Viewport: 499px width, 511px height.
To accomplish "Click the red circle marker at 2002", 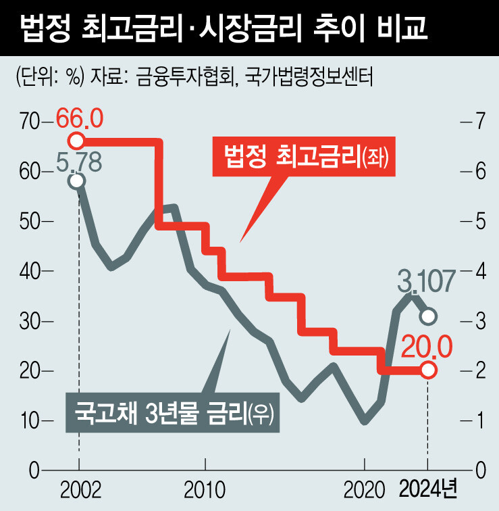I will pos(76,141).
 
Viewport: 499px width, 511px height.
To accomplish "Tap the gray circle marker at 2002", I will pos(76,180).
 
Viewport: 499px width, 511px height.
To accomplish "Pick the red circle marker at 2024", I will pos(427,370).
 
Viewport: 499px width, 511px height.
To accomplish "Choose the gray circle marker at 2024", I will pos(427,316).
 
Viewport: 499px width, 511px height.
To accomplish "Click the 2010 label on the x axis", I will pos(205,489).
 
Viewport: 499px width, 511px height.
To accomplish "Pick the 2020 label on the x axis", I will pos(365,489).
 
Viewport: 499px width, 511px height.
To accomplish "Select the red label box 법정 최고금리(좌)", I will pos(303,158).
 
